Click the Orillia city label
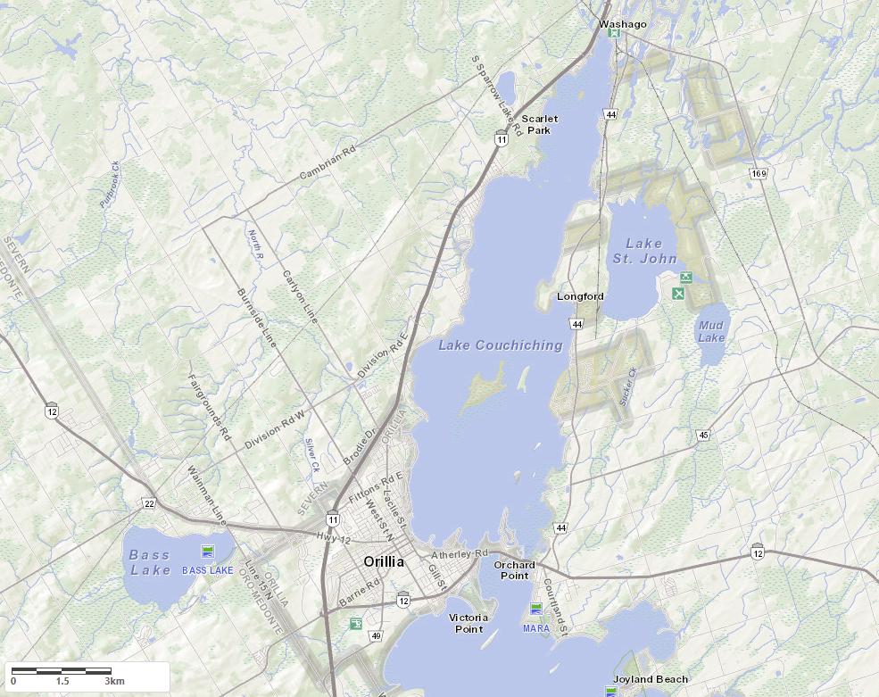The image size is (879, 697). (x=384, y=561)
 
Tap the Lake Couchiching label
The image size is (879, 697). (x=501, y=345)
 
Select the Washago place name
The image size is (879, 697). (x=622, y=23)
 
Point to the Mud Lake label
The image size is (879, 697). (x=711, y=332)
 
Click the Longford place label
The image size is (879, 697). (x=580, y=296)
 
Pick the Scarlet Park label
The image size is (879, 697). (x=539, y=124)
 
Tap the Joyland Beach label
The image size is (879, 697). (x=656, y=679)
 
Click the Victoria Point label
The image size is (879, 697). (x=469, y=623)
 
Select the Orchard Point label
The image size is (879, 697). (x=515, y=569)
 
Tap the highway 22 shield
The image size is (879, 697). (x=149, y=504)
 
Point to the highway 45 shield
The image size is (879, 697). (x=704, y=435)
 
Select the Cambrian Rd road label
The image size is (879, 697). (x=327, y=162)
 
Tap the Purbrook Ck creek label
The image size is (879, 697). (x=109, y=185)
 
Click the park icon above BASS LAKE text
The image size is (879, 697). (x=208, y=551)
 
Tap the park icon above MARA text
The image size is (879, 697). (x=536, y=609)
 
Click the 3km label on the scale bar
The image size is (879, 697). (x=113, y=681)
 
